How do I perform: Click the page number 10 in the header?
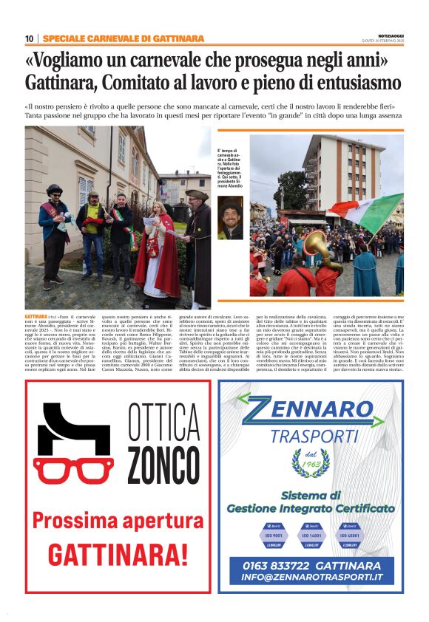click(x=29, y=38)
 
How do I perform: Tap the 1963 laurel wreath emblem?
click(x=311, y=463)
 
